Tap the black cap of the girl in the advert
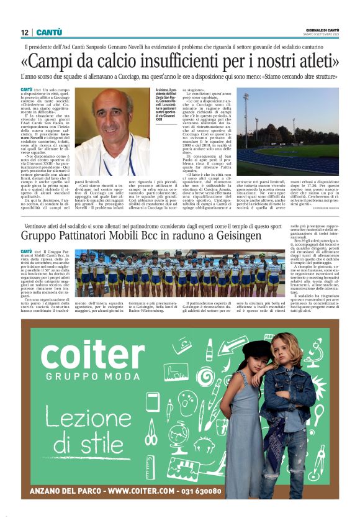click(256, 350)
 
